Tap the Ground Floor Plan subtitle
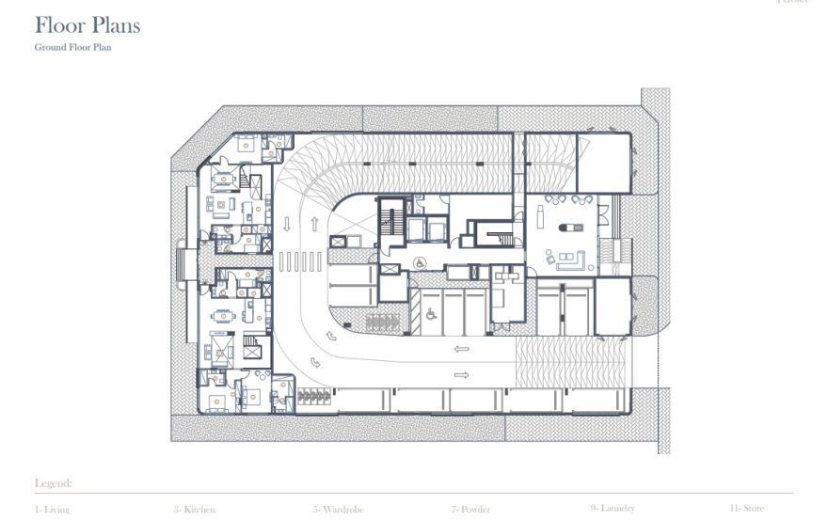(x=72, y=47)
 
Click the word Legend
(x=53, y=483)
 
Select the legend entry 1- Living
(x=52, y=509)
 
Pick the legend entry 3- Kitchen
(x=194, y=509)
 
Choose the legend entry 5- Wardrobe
(x=336, y=509)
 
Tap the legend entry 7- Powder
(x=470, y=509)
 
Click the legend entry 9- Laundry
(x=613, y=508)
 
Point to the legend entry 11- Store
(x=746, y=508)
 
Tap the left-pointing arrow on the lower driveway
(x=461, y=349)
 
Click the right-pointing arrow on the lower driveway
(x=461, y=374)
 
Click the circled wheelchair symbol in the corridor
(x=421, y=262)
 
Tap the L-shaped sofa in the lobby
(x=571, y=260)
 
